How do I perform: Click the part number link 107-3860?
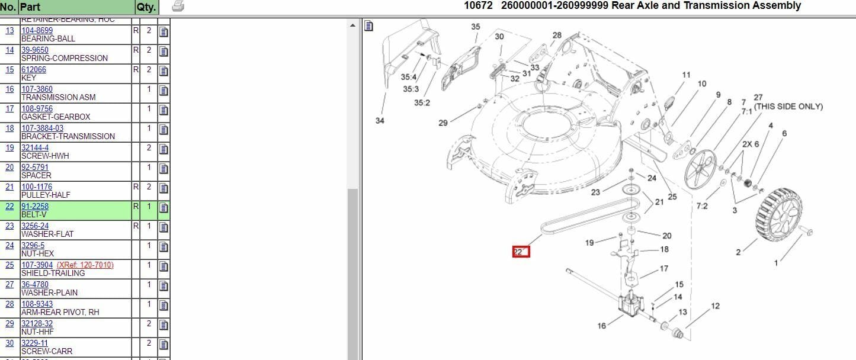37,89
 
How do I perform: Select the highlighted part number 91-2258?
35,207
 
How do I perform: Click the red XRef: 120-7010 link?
85,265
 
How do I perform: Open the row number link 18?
9,128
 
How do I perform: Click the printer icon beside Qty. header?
178,7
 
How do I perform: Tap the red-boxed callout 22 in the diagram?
520,252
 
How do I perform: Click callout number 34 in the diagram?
380,121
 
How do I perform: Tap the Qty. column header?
146,8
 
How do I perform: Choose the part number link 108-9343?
37,304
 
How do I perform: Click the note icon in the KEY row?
163,71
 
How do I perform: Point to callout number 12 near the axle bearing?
715,306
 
